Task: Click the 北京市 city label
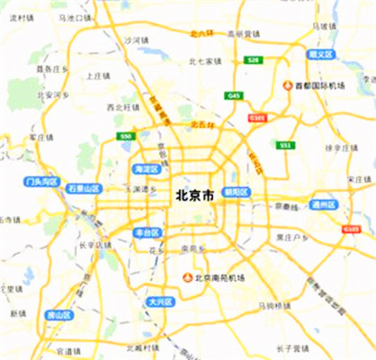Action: tap(194, 194)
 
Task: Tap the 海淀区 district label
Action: tap(145, 168)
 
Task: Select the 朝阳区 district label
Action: tap(237, 192)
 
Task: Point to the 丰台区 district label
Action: tap(146, 232)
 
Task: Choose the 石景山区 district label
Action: tap(84, 189)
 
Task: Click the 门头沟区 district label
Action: tap(41, 181)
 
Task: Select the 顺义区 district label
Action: tap(320, 54)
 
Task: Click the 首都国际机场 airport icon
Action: tap(288, 86)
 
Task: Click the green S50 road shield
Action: tap(126, 136)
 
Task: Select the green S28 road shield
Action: tap(254, 59)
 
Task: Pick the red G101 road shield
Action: tap(258, 117)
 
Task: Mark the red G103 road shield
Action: tap(351, 229)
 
